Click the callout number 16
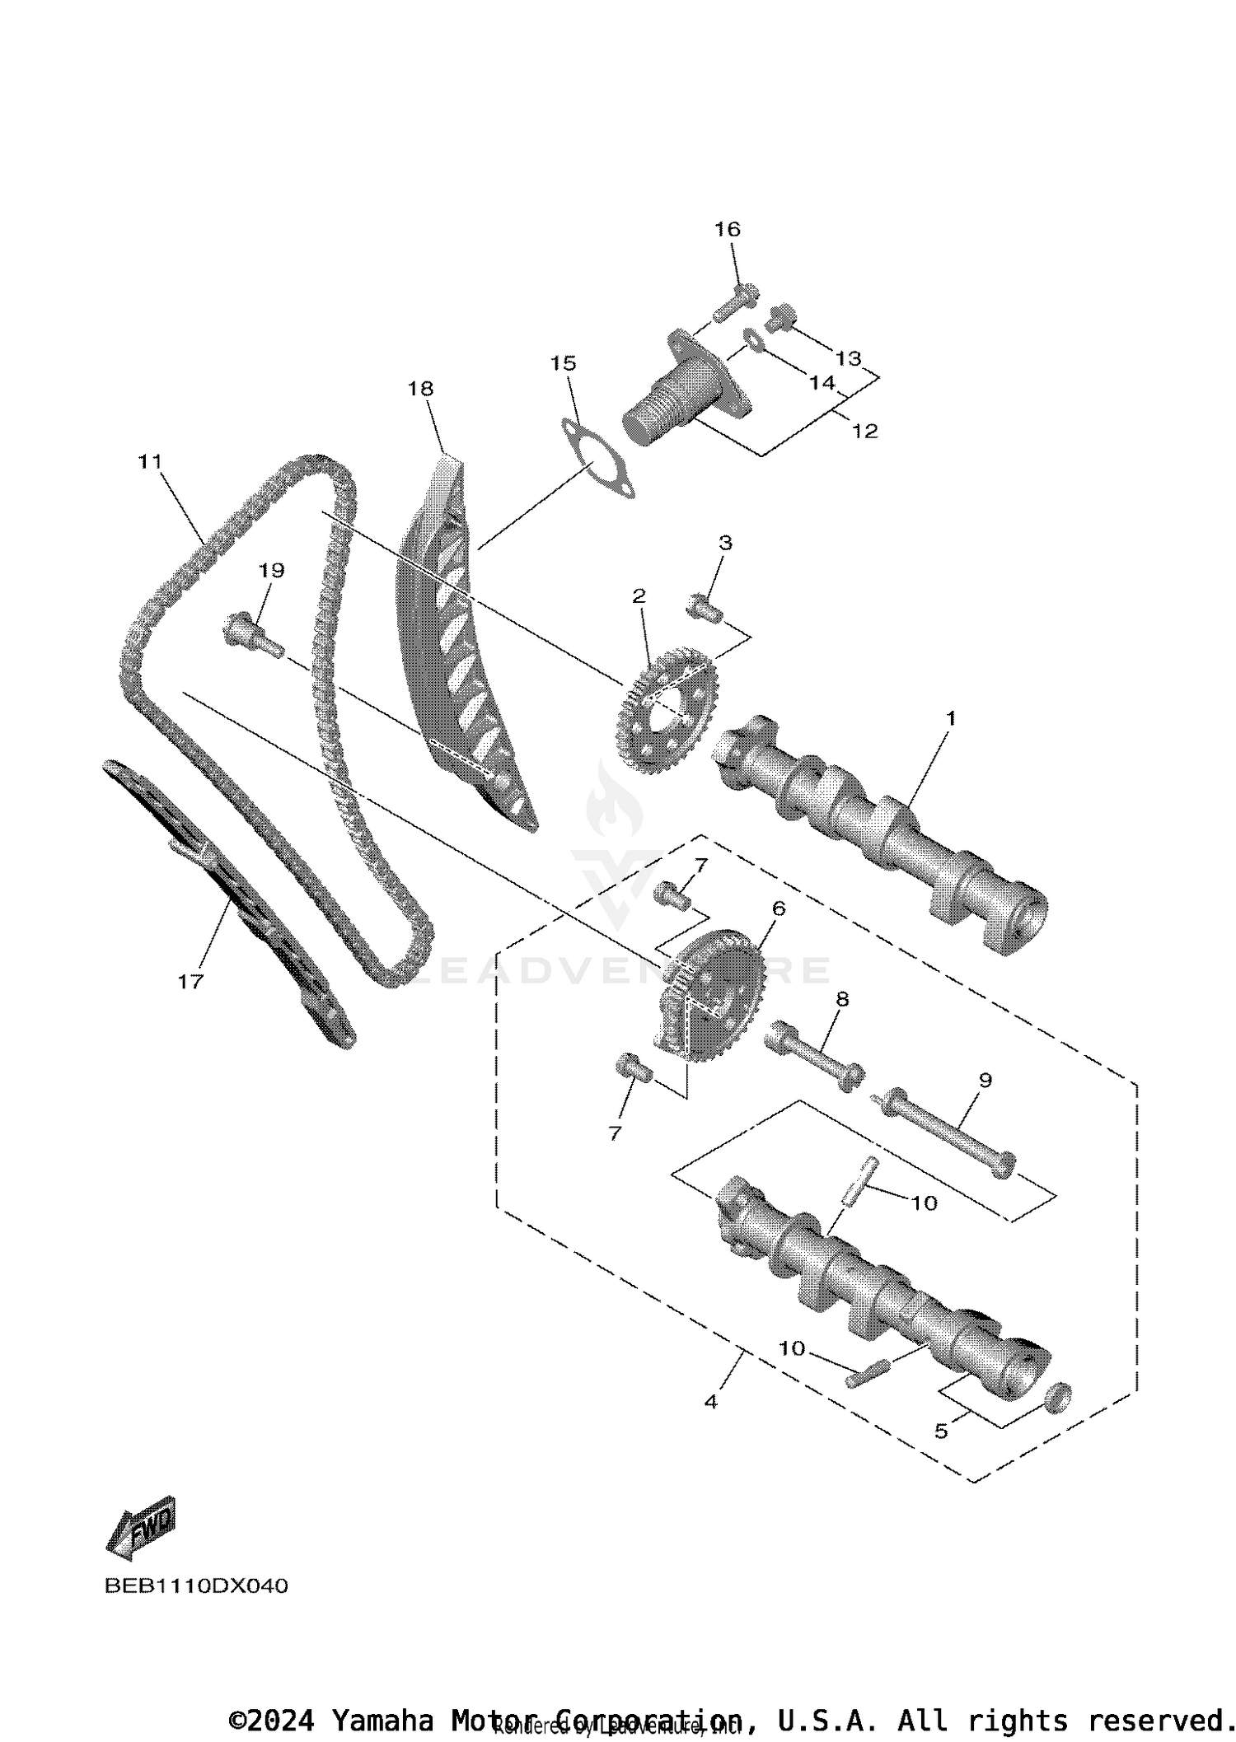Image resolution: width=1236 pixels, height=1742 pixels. click(727, 229)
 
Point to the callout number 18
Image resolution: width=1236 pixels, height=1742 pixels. click(420, 388)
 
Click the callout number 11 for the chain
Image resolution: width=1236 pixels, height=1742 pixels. click(150, 462)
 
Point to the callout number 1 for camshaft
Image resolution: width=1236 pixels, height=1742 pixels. click(950, 718)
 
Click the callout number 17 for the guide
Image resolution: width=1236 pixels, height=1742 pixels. click(190, 981)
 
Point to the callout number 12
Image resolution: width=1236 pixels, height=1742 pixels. click(864, 431)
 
